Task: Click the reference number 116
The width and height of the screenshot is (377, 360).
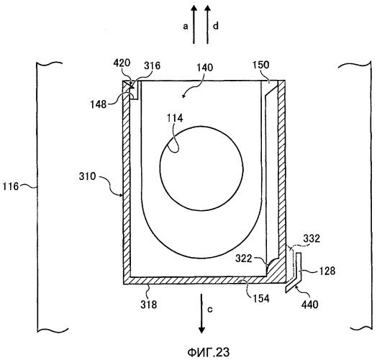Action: coord(10,186)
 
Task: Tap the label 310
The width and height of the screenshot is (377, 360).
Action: coord(87,176)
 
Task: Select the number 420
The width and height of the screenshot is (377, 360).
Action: coord(122,63)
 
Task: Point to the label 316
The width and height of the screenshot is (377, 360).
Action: coord(152,66)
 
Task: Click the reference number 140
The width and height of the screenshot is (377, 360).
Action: coord(205,68)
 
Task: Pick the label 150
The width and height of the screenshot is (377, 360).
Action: coord(261,65)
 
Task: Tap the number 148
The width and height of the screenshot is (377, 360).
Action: coord(99,104)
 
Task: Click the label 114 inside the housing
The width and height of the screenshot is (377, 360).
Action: coord(175,118)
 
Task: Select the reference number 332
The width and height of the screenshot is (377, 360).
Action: coord(312,238)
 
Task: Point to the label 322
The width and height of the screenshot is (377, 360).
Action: coord(244,258)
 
